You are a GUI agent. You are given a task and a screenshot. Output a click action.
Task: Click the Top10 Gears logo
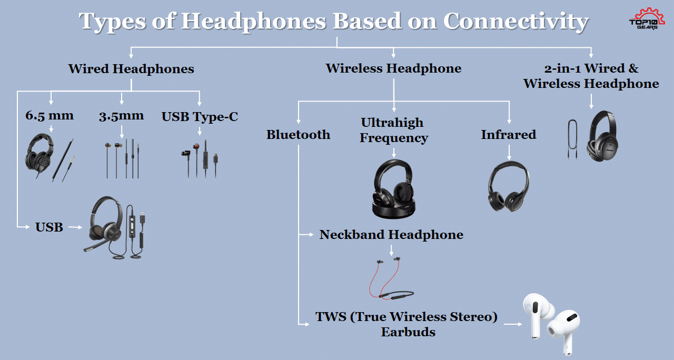647,18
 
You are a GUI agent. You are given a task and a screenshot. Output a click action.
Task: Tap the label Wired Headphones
131,69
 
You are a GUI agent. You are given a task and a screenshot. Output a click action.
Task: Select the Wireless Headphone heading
393,68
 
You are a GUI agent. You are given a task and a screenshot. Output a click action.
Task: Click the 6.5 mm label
49,115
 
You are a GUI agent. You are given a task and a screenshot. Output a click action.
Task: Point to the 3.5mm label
121,116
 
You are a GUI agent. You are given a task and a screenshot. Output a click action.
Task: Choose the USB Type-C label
200,117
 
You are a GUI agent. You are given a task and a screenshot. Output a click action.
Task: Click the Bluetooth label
298,134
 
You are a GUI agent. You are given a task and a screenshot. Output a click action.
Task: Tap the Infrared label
509,134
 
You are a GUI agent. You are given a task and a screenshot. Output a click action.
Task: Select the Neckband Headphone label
391,235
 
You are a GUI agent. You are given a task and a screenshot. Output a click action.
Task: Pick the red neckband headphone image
391,278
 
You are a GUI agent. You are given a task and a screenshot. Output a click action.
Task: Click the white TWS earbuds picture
551,323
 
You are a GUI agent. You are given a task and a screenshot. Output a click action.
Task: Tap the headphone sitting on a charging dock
393,189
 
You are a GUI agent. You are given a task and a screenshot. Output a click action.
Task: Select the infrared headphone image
509,186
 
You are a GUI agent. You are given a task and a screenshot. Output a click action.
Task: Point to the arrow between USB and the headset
75,227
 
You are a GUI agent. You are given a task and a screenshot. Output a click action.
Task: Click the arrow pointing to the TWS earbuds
513,324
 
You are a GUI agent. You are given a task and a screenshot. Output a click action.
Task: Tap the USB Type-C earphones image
200,159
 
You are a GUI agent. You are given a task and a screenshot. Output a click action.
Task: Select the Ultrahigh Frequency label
393,130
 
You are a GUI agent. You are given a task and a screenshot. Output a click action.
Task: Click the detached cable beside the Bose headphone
572,139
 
